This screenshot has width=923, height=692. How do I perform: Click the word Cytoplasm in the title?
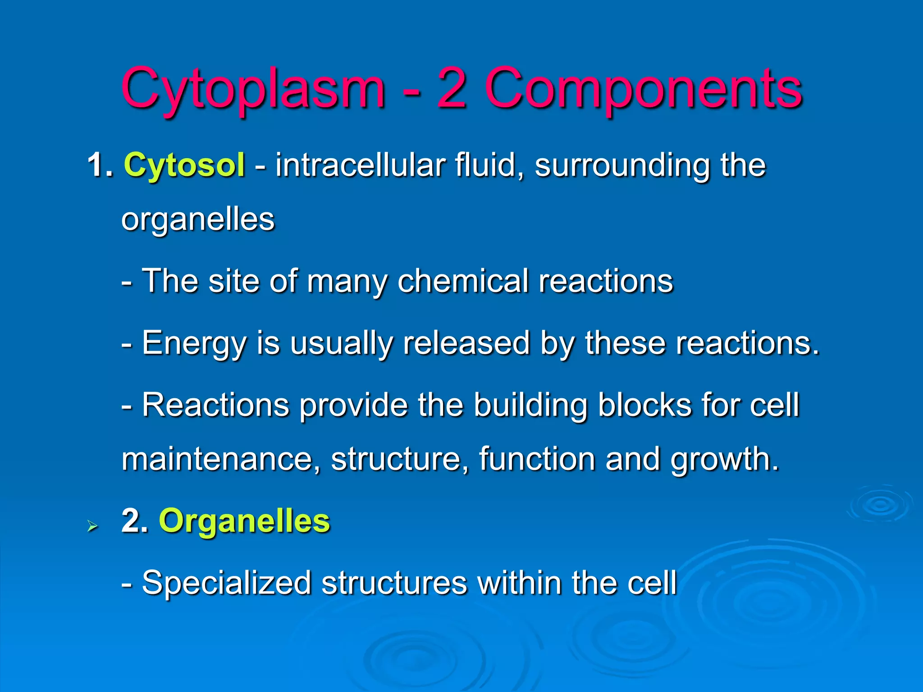click(253, 89)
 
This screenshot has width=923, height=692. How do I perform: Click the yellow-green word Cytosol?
click(184, 166)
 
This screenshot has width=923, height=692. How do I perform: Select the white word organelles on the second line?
click(198, 220)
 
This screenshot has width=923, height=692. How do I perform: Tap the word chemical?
click(462, 281)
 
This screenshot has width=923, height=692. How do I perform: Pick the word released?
click(466, 343)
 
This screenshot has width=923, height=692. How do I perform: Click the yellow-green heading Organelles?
click(244, 521)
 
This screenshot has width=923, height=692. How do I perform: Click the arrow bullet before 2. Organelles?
click(92, 526)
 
